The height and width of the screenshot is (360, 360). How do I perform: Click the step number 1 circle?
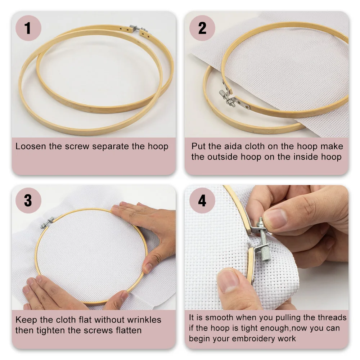(x=28, y=28)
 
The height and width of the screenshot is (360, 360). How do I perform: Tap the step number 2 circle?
(x=202, y=28)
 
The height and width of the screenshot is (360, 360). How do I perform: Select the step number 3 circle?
(x=28, y=201)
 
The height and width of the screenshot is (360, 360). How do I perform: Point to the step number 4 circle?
(x=202, y=201)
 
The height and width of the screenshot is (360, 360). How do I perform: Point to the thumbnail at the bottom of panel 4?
(x=228, y=280)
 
